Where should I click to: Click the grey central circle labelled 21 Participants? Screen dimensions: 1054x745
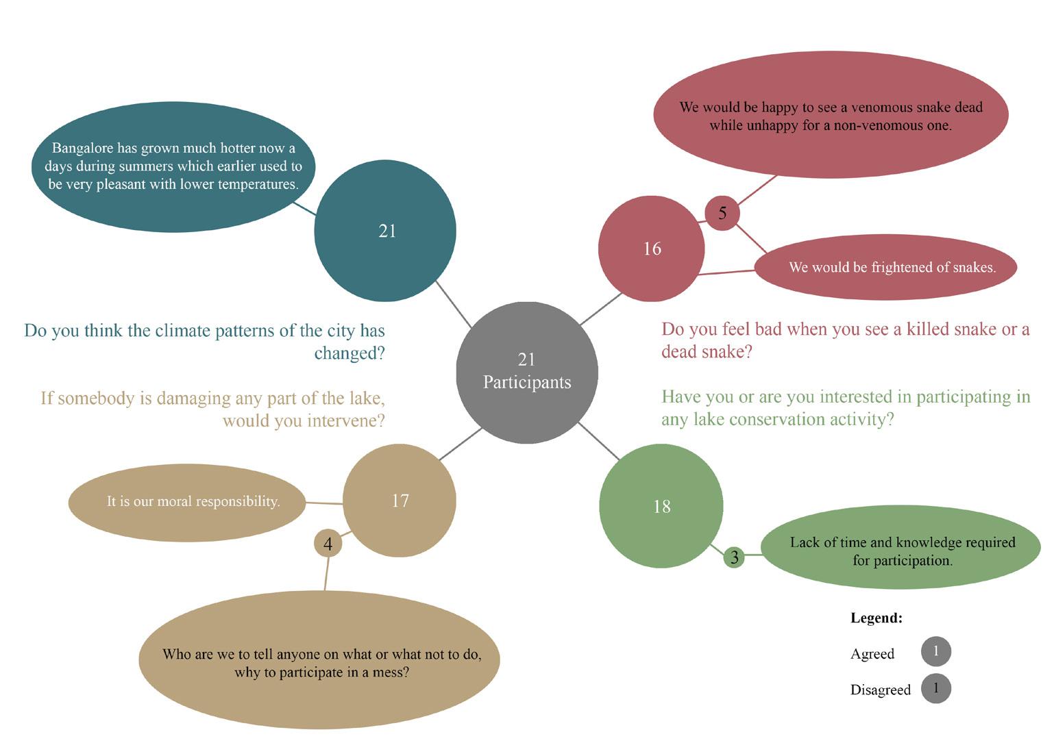(x=527, y=372)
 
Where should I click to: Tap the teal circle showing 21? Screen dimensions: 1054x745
(x=385, y=231)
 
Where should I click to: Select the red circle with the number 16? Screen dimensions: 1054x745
(x=651, y=249)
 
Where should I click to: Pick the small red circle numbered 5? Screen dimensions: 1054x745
(x=722, y=213)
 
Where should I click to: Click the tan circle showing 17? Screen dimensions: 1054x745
(x=400, y=501)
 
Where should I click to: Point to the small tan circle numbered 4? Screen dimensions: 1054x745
(x=328, y=544)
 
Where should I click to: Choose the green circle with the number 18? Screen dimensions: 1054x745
(x=661, y=506)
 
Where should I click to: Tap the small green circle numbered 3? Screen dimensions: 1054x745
(x=735, y=557)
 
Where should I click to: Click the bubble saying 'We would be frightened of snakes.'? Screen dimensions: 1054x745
(x=886, y=267)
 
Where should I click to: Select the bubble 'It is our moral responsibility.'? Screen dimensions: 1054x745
(x=187, y=502)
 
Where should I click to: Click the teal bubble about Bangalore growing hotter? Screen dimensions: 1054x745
(x=173, y=166)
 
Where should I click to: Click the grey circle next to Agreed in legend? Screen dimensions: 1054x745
(x=936, y=651)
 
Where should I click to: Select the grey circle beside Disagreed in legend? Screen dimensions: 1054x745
(x=936, y=688)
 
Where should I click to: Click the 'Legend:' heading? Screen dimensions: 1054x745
(x=877, y=618)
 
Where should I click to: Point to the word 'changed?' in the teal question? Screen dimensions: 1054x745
(x=350, y=353)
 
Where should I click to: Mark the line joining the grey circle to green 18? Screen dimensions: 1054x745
(x=599, y=441)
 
